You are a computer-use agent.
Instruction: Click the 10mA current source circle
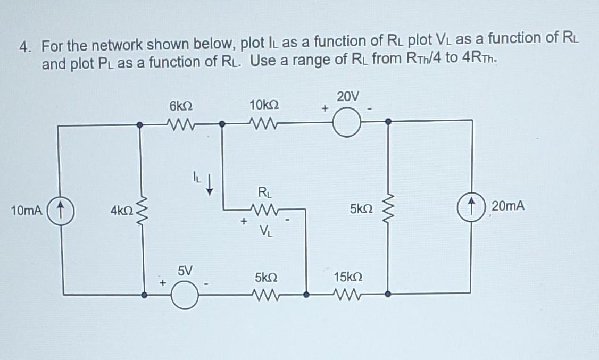[x=62, y=210]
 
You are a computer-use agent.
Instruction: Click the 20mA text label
[x=508, y=206]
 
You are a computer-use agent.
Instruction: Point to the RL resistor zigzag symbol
[x=263, y=210]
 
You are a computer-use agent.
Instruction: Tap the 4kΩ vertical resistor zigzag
[x=142, y=210]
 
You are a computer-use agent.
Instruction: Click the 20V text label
[x=348, y=97]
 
